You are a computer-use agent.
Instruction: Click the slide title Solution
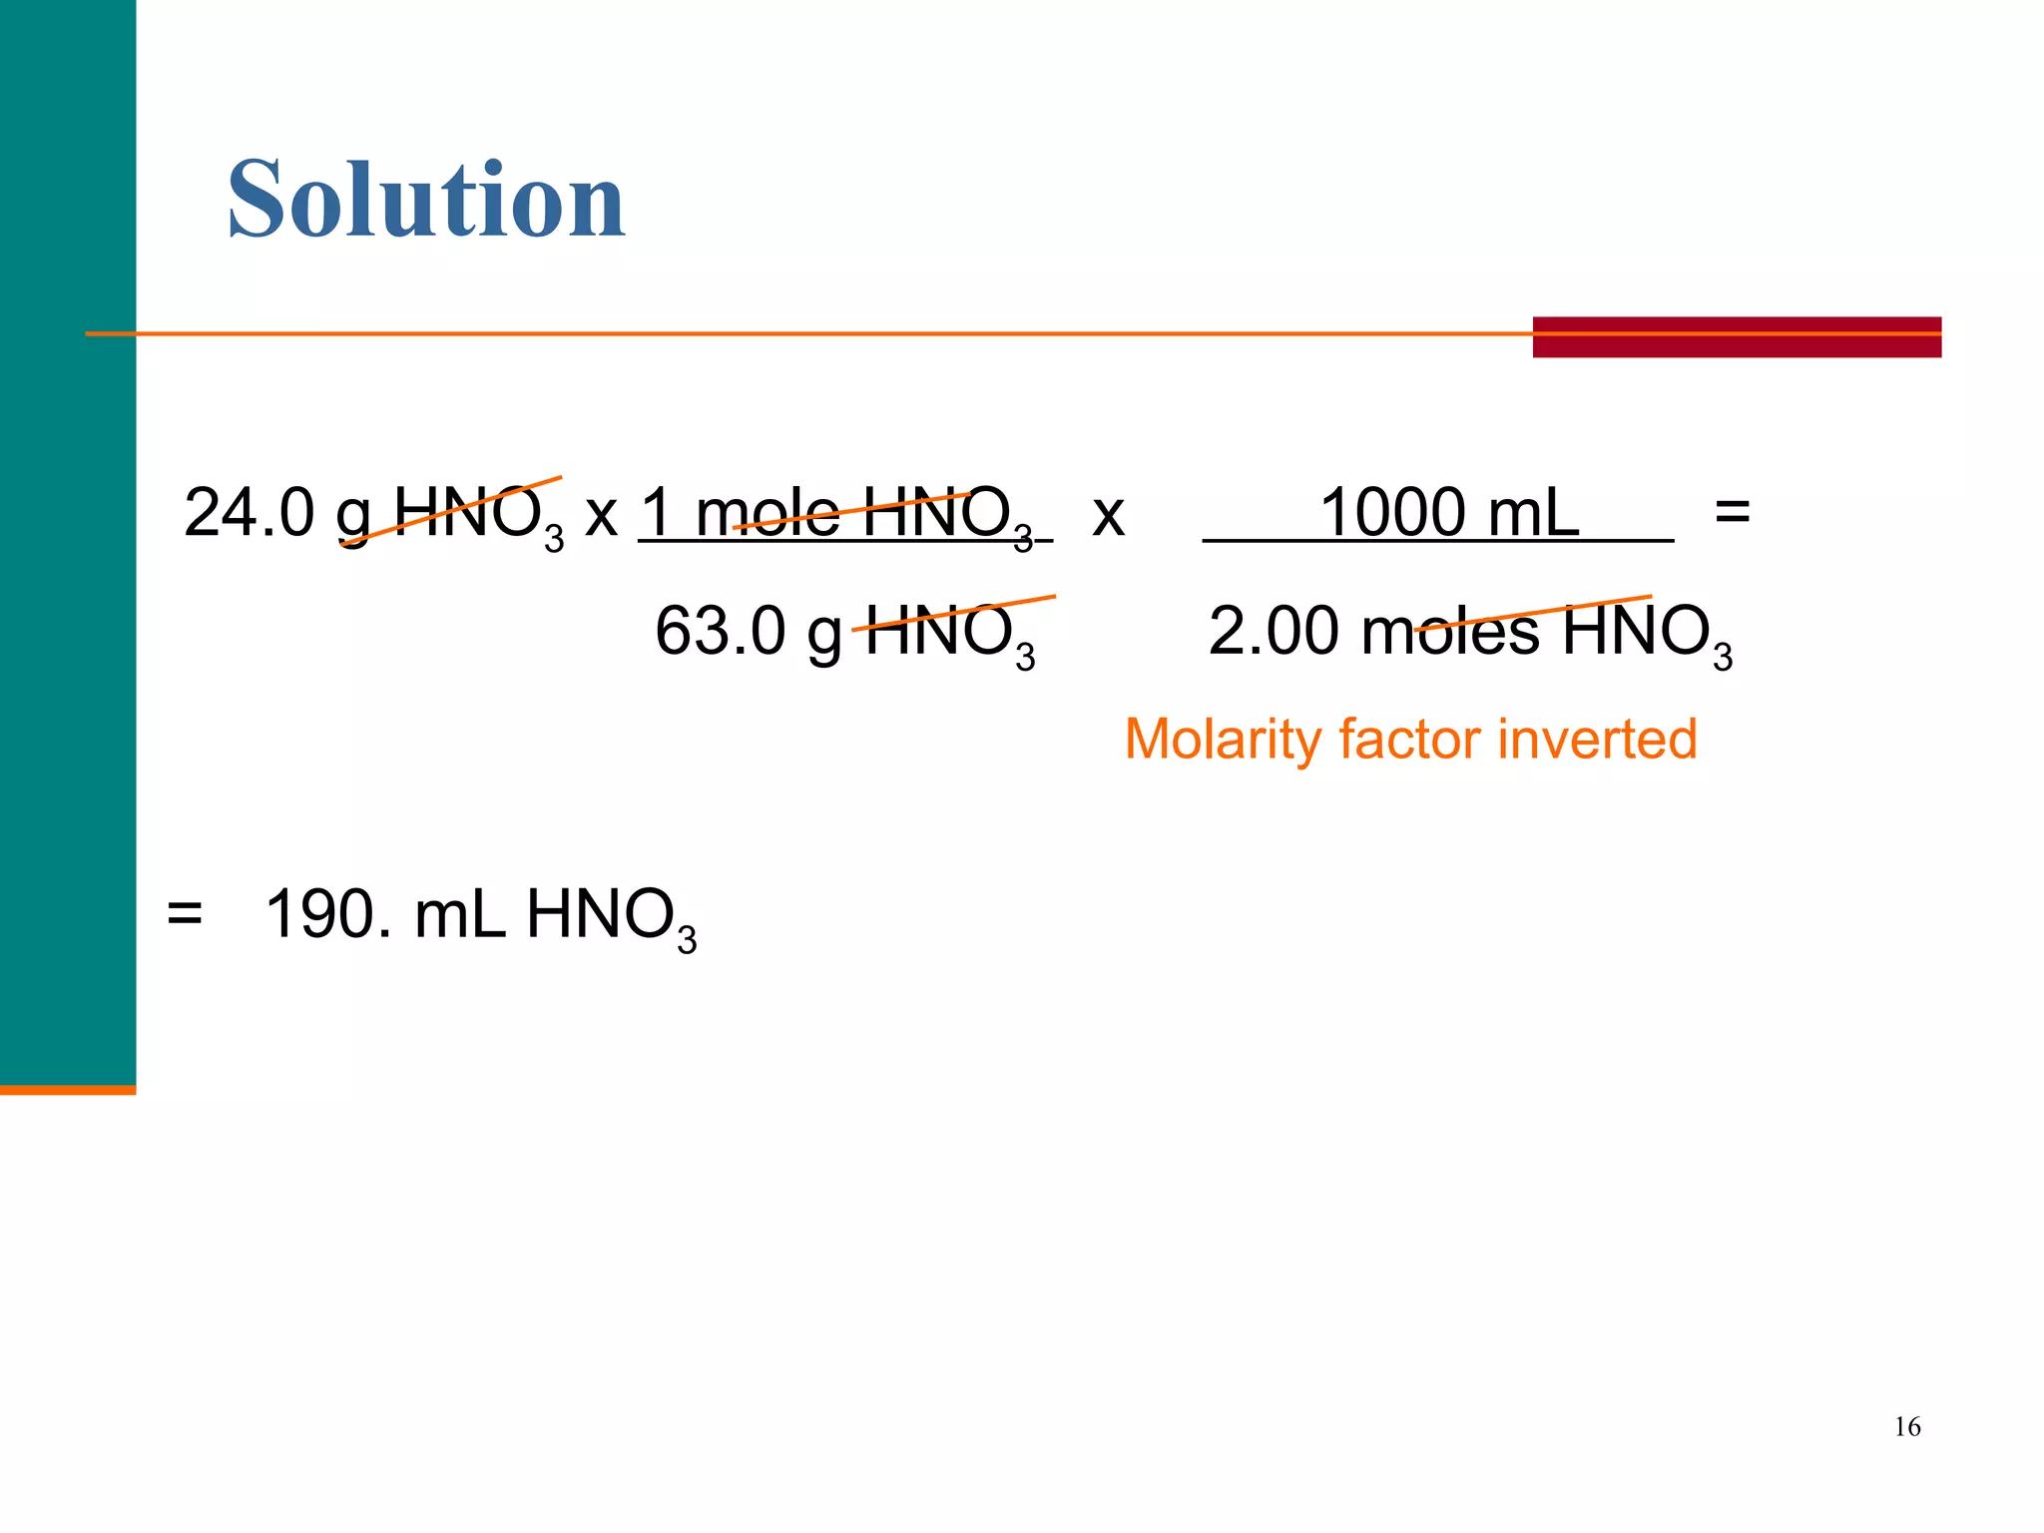[426, 200]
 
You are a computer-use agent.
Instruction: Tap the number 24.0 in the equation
[250, 513]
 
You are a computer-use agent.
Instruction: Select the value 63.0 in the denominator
[721, 631]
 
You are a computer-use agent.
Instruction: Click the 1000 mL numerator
[1449, 513]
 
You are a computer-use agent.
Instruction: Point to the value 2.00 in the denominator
[1274, 631]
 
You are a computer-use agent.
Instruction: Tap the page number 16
[1906, 1427]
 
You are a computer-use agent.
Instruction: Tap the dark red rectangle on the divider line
[1737, 337]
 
